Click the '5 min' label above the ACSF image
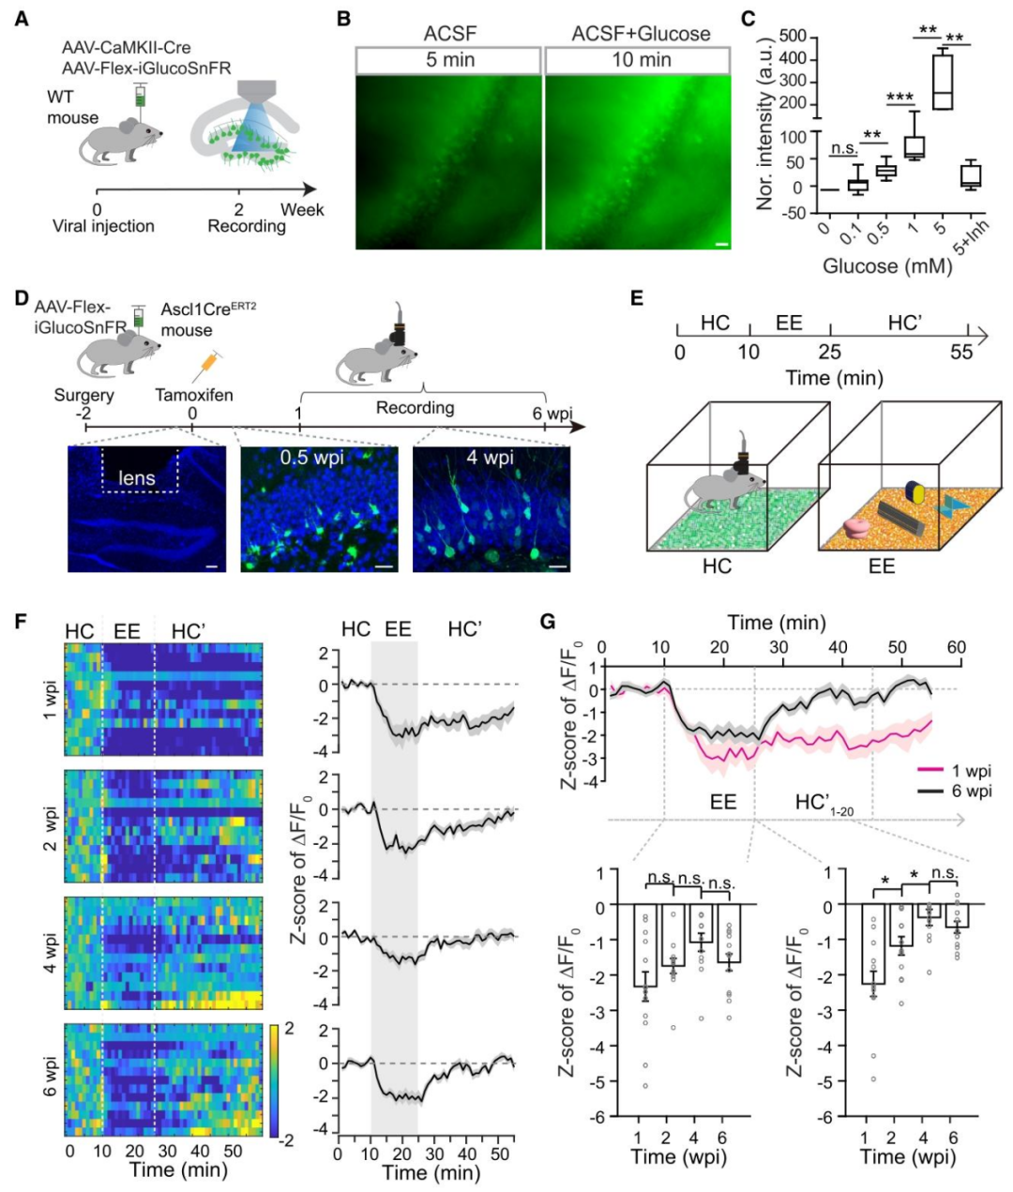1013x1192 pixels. click(449, 60)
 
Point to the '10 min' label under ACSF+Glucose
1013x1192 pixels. click(641, 60)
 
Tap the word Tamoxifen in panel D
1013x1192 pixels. click(193, 395)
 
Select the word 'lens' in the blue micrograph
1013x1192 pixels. click(136, 478)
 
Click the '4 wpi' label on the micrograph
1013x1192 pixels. click(491, 460)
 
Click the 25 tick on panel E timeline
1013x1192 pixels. click(830, 354)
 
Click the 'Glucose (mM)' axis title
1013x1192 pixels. click(886, 265)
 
